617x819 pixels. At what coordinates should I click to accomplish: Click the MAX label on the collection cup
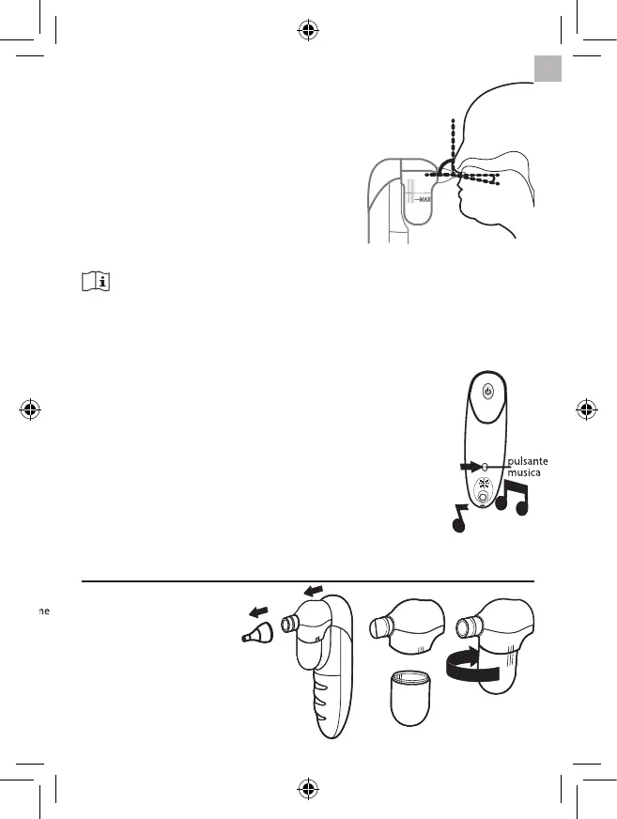(x=420, y=199)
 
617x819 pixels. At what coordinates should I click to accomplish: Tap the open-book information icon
(x=98, y=282)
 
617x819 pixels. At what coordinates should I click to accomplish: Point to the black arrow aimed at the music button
(x=467, y=466)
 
